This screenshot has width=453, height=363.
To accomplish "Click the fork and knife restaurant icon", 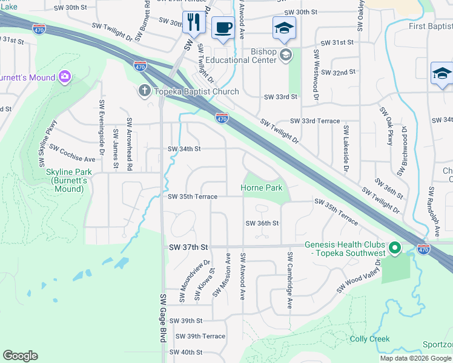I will coord(194,23).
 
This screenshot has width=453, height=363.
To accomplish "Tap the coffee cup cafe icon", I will coord(223,28).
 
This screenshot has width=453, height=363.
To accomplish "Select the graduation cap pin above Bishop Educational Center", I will coord(283,28).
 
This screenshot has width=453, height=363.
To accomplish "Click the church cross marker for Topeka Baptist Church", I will coord(144,91).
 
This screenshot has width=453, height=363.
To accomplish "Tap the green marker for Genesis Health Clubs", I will coord(395,247).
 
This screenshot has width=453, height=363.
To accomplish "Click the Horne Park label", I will coord(262,188).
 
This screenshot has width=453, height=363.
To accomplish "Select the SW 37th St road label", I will coord(188,247).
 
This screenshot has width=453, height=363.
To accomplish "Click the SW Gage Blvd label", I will coord(163,318).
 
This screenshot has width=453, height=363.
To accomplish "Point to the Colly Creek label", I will coord(369,339).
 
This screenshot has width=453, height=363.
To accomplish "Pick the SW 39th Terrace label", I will coord(200,336).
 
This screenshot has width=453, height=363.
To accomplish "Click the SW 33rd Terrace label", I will coord(314,121).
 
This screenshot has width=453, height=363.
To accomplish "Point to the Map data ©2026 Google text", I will coord(415,358).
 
